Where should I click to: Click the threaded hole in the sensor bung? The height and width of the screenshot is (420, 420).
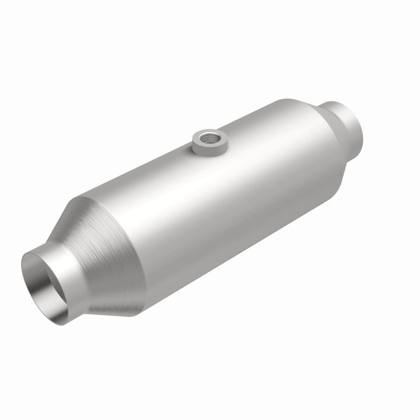coord(206,138)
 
